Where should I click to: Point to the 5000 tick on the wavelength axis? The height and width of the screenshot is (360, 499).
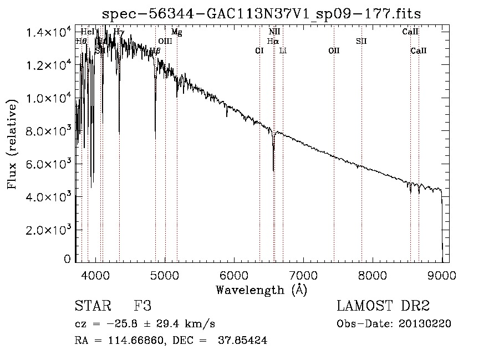[165, 274]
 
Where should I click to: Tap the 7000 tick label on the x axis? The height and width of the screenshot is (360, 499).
[303, 274]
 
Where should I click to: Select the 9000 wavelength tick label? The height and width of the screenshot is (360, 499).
[442, 274]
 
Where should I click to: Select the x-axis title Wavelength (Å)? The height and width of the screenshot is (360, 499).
[261, 290]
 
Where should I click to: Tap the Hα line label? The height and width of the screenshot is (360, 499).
[273, 41]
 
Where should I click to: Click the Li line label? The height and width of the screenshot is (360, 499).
[283, 51]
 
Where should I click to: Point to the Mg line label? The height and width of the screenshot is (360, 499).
[176, 32]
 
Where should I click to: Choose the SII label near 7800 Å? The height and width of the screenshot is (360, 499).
[361, 41]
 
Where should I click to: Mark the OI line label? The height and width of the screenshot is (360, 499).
[259, 51]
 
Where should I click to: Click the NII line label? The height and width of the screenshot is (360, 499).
[274, 32]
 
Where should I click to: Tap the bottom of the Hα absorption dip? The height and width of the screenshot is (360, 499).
[273, 170]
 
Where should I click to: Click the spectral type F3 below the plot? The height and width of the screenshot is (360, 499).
[143, 306]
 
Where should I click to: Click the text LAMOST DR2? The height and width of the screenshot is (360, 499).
[383, 306]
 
